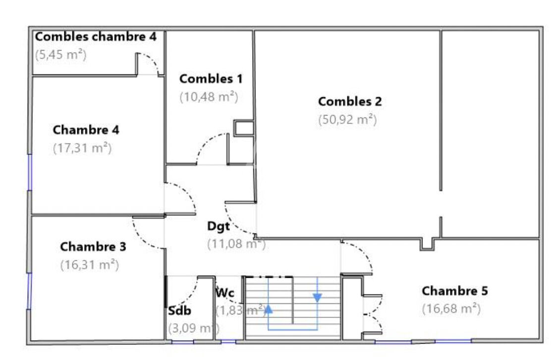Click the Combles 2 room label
pos(350,102)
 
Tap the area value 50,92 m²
pos(347,120)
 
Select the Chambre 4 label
pos(86,130)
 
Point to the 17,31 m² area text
pos(82,148)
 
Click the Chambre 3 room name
pos(93,246)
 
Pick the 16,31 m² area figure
pos(89,265)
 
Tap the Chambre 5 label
pos(454,291)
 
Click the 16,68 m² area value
pos(451,308)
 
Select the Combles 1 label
pos(211,79)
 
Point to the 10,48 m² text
pos(209,97)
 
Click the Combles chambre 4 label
pos(96,37)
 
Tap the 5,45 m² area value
pos(61,55)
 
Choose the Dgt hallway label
pos(218,227)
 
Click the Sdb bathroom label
pos(179,311)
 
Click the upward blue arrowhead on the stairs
pos(268,309)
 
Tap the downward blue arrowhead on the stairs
pos(317,298)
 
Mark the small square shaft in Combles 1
pos(244,128)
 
